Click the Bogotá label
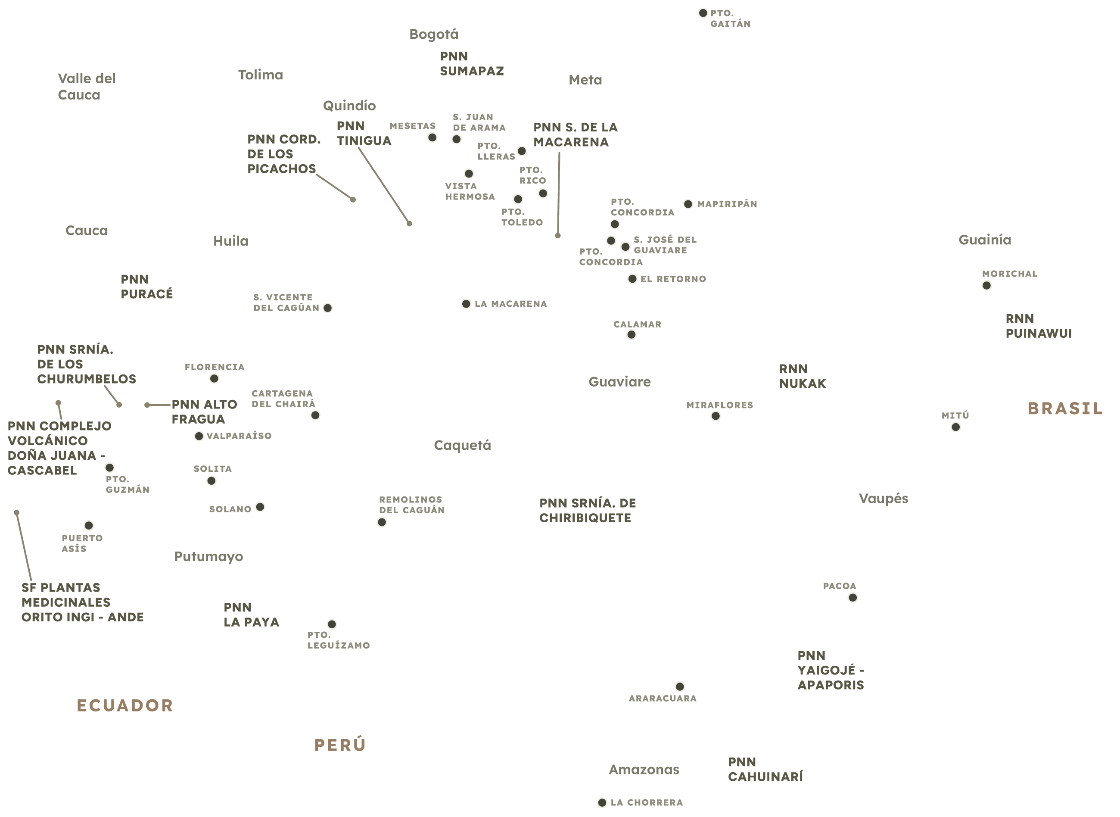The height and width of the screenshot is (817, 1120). coord(433,34)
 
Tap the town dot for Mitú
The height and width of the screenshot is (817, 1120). coord(955,427)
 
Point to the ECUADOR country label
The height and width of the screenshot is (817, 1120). coord(125,705)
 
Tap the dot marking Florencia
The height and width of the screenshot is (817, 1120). coord(214,379)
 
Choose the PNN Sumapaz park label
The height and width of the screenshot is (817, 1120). coord(472,64)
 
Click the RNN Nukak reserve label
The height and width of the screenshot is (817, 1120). coord(802,376)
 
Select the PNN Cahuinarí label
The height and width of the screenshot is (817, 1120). coord(765,770)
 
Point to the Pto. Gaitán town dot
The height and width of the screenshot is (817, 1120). coord(703,13)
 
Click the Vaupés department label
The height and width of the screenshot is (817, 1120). coord(883,499)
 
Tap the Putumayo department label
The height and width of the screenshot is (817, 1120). coord(208,557)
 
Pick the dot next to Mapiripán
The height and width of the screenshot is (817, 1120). coord(688,204)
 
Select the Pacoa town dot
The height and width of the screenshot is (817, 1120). coord(852,598)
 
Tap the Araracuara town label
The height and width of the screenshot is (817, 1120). coord(663,699)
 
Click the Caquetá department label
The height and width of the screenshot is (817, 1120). coord(462,446)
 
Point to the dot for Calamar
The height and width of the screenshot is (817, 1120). coord(631,335)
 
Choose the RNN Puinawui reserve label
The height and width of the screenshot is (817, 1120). coord(1039,326)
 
